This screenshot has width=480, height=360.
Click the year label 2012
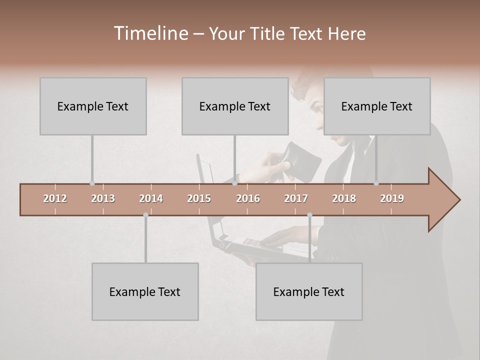click(x=55, y=198)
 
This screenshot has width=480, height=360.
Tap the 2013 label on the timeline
click(x=103, y=198)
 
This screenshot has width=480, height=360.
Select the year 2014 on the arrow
click(x=151, y=198)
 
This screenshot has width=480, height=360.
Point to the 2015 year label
click(x=199, y=198)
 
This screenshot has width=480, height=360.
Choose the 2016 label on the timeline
click(x=248, y=198)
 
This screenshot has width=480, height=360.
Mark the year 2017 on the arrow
click(x=296, y=198)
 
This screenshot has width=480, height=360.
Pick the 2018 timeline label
click(x=344, y=198)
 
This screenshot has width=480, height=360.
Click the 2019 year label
click(x=392, y=198)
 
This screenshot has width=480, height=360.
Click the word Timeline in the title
click(x=150, y=33)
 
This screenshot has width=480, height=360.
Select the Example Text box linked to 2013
click(x=93, y=106)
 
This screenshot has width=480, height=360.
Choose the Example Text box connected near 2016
click(x=235, y=106)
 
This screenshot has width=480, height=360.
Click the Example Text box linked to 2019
click(x=377, y=106)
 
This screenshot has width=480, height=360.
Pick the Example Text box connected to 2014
click(x=145, y=291)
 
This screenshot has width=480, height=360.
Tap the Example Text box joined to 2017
click(x=309, y=291)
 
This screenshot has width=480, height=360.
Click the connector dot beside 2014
click(x=145, y=215)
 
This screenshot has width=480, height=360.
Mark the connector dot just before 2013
click(x=92, y=183)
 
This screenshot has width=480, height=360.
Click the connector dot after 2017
click(x=309, y=215)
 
